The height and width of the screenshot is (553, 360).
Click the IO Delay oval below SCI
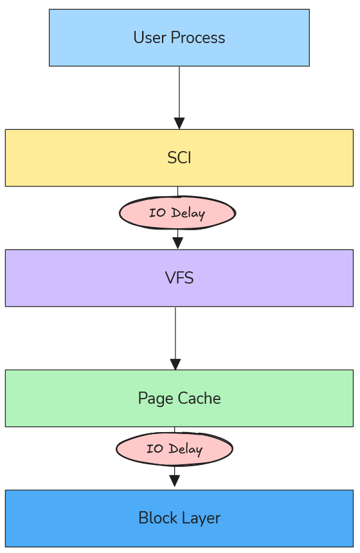pyautogui.click(x=177, y=213)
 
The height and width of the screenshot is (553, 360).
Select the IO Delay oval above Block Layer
pyautogui.click(x=174, y=449)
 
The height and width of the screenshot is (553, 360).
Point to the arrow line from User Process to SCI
pyautogui.click(x=179, y=90)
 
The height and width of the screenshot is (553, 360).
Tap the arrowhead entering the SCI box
pyautogui.click(x=179, y=123)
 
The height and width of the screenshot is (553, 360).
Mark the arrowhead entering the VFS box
pyautogui.click(x=178, y=243)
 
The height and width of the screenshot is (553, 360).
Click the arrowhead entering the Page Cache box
pyautogui.click(x=175, y=364)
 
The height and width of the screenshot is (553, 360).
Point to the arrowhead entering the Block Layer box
pyautogui.click(x=174, y=481)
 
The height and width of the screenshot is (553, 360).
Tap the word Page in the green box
pyautogui.click(x=152, y=399)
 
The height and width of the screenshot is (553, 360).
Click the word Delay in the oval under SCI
pyautogui.click(x=188, y=213)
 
